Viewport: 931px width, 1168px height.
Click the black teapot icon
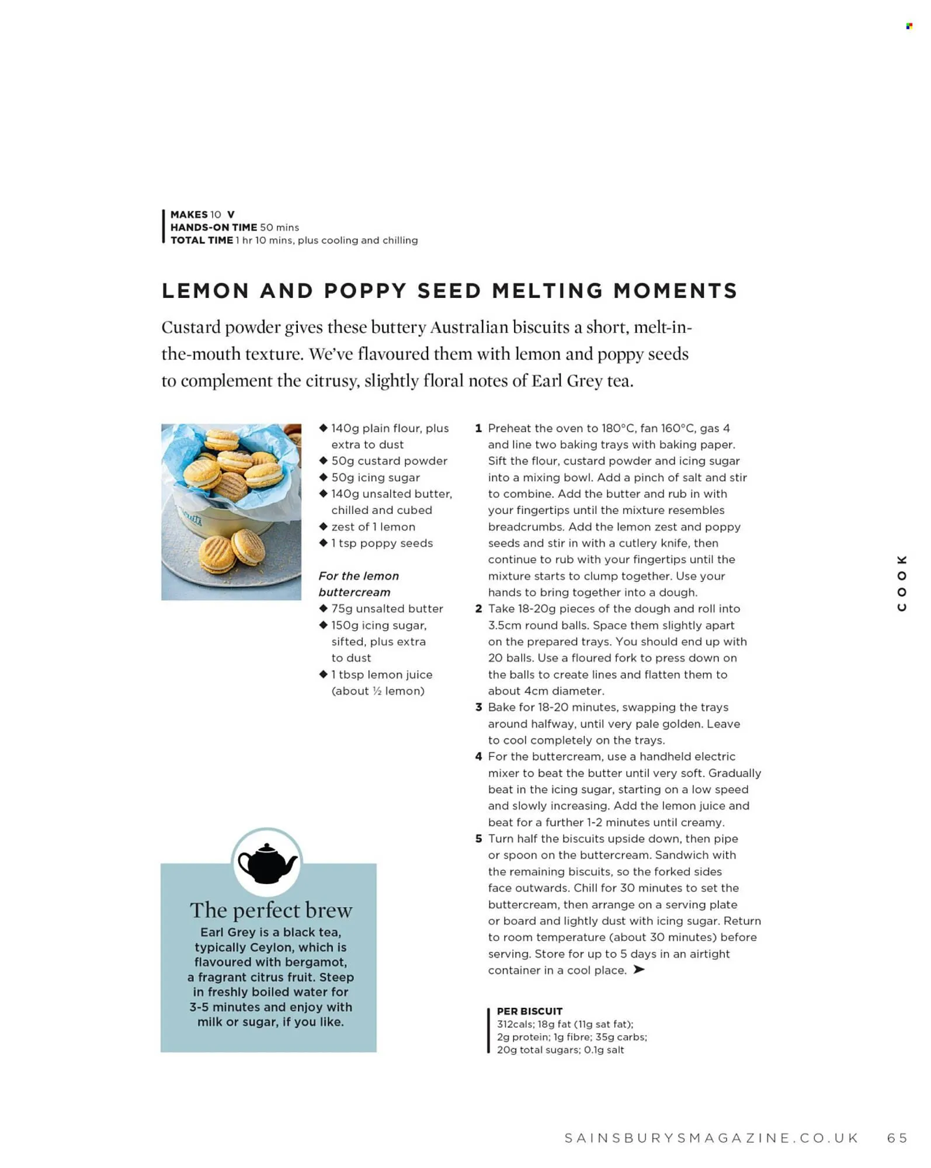click(x=268, y=863)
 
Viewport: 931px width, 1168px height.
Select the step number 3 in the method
click(x=478, y=707)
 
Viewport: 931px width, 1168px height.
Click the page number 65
click(x=897, y=1138)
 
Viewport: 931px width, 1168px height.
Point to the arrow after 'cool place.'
click(x=639, y=970)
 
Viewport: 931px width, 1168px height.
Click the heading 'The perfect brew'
click(x=270, y=910)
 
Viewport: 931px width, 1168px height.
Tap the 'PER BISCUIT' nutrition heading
click(x=529, y=1011)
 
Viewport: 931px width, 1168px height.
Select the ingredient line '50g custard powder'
click(x=389, y=461)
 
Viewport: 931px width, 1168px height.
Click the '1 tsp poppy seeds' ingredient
click(x=382, y=543)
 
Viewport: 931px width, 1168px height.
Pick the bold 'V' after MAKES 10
click(x=231, y=214)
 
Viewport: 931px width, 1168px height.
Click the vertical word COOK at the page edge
click(x=902, y=583)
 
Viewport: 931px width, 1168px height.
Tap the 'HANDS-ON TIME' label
click(x=213, y=227)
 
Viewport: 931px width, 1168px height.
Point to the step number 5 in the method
click(x=478, y=839)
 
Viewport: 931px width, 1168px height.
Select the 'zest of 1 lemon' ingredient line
click(x=373, y=527)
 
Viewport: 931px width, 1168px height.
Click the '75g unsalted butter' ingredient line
click(x=387, y=609)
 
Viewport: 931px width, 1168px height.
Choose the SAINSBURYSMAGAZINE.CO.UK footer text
click(x=711, y=1138)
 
